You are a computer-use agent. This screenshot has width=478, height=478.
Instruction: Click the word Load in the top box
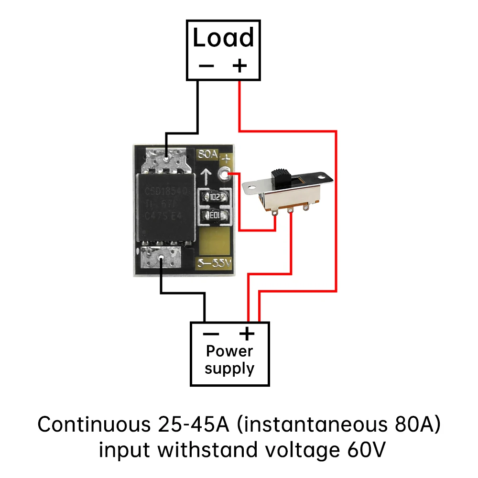pyautogui.click(x=223, y=38)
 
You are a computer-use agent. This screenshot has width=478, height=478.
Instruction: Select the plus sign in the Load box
pyautogui.click(x=239, y=65)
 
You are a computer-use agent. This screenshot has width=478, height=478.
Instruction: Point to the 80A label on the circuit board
pyautogui.click(x=208, y=155)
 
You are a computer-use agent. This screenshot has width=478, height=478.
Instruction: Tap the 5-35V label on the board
pyautogui.click(x=214, y=262)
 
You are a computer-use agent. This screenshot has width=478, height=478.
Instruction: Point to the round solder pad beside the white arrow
pyautogui.click(x=223, y=175)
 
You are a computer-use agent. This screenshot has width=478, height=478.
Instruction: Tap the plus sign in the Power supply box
pyautogui.click(x=247, y=333)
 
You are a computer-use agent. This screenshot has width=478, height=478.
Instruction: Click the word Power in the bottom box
pyautogui.click(x=229, y=351)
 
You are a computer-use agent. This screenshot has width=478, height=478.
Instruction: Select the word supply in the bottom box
pyautogui.click(x=229, y=369)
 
